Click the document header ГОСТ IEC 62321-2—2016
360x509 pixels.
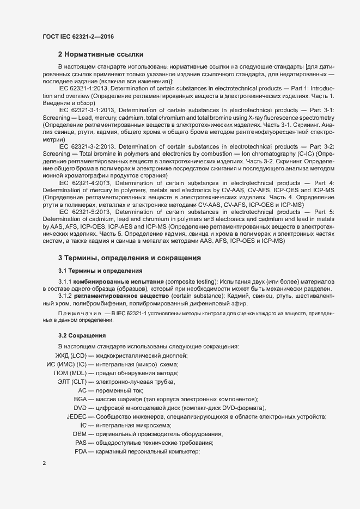click(x=77, y=36)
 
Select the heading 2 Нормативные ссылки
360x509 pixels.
click(x=101, y=54)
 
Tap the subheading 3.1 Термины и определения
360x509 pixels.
click(x=97, y=270)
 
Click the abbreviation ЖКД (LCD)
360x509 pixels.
click(x=67, y=355)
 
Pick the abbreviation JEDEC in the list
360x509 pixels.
click(x=76, y=417)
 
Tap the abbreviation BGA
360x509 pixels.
click(x=81, y=400)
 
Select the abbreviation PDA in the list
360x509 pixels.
click(x=81, y=452)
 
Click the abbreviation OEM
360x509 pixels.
click(x=80, y=434)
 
